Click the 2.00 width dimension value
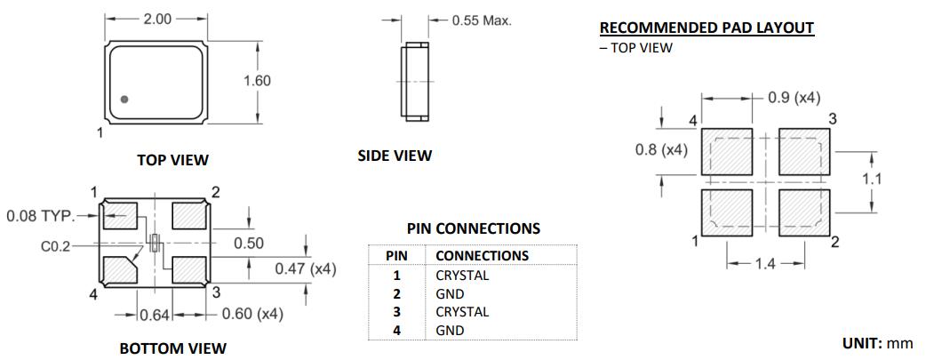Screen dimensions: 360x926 pos(156,18)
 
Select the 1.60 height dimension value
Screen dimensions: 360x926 pos(257,81)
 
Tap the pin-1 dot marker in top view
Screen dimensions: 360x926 pos(124,100)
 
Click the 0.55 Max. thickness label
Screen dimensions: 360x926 pos(482,20)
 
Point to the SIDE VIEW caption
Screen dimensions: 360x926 pos(395,156)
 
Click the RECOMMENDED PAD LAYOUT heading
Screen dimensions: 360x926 pos(706,28)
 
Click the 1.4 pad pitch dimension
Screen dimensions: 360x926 pos(765,264)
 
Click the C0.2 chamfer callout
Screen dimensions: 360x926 pos(56,246)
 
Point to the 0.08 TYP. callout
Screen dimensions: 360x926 pos(42,215)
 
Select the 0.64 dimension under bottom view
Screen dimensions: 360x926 pos(155,314)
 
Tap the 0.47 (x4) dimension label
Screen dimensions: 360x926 pos(305,268)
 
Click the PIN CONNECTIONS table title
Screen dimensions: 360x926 pos(473,228)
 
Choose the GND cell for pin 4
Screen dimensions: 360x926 pos(450,331)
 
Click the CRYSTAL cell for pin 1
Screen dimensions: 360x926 pos(461,276)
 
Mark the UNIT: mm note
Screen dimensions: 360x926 pos(877,343)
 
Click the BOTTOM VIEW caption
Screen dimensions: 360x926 pos(172,348)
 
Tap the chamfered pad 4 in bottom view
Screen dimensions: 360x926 pos(118,268)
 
